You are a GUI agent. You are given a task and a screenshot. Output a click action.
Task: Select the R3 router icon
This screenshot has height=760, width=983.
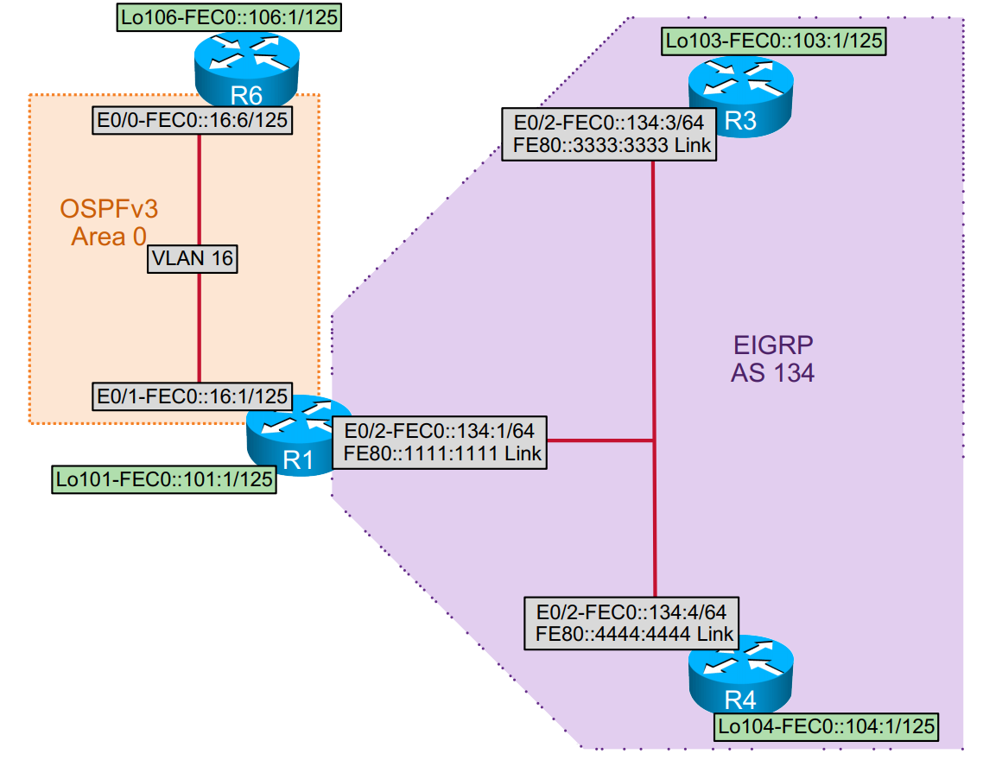(x=739, y=94)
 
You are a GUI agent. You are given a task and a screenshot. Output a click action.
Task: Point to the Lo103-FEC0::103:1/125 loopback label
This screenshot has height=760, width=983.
(x=775, y=40)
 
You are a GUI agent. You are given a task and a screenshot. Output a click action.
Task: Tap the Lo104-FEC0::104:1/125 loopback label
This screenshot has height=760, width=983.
(x=827, y=727)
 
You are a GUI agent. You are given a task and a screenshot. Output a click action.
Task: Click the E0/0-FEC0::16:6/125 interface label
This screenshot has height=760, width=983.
(x=191, y=121)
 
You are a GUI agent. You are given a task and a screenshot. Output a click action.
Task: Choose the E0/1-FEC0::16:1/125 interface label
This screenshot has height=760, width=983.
(x=191, y=396)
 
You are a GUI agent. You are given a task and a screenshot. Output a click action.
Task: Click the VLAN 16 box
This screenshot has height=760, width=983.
(x=193, y=257)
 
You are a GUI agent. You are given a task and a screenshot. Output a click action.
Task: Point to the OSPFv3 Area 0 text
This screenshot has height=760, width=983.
(x=109, y=222)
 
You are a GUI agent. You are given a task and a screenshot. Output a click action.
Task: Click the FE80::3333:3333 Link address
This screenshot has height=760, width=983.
(x=608, y=145)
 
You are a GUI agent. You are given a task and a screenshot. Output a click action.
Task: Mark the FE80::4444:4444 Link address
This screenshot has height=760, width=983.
(x=631, y=633)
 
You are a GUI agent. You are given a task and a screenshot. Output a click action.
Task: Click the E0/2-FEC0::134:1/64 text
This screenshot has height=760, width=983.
(x=441, y=429)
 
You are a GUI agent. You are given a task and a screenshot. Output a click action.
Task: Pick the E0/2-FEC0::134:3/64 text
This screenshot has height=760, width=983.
(x=609, y=122)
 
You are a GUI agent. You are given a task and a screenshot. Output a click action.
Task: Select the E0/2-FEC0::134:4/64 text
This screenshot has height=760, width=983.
(x=631, y=611)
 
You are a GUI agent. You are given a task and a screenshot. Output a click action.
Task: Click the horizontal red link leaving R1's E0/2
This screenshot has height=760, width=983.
(x=600, y=441)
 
